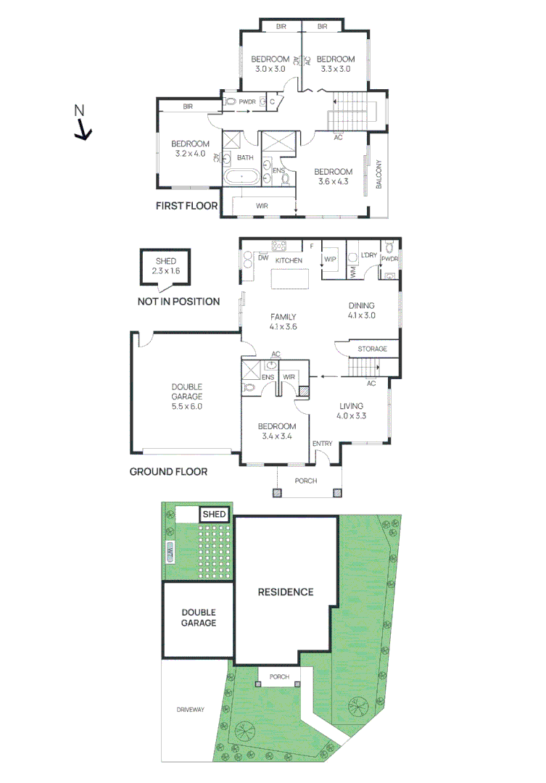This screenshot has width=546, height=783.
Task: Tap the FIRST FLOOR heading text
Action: (186, 206)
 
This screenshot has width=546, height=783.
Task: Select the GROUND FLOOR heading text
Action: (168, 471)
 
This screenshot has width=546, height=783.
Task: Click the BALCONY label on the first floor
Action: (378, 175)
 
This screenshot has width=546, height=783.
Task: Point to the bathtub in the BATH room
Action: (239, 177)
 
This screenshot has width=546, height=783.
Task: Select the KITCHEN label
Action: (288, 260)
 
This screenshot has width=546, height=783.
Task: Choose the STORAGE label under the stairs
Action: (372, 349)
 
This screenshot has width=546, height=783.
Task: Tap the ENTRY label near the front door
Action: (321, 443)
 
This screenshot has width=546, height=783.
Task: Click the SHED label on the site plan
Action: (214, 514)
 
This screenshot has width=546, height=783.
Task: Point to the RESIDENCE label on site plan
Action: (286, 592)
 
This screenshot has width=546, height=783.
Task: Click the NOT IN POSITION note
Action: (178, 301)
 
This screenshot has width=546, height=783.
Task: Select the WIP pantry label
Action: (331, 259)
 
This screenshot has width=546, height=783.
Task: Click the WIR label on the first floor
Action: (262, 206)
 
